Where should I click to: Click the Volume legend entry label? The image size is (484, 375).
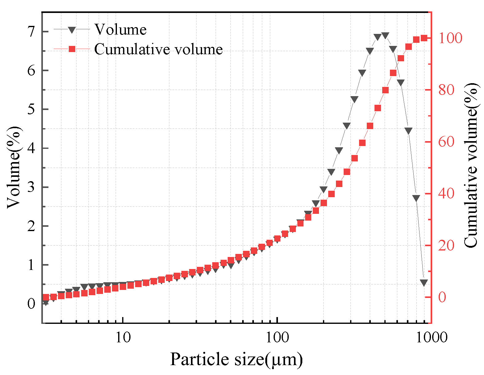pyautogui.click(x=120, y=30)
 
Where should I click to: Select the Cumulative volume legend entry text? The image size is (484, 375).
pyautogui.click(x=158, y=49)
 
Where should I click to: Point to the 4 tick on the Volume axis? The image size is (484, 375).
pyautogui.click(x=31, y=148)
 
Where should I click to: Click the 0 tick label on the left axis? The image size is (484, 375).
pyautogui.click(x=31, y=304)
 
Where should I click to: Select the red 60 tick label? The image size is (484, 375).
pyautogui.click(x=446, y=142)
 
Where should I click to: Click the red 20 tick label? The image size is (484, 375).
pyautogui.click(x=446, y=245)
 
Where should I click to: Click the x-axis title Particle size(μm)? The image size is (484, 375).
pyautogui.click(x=236, y=359)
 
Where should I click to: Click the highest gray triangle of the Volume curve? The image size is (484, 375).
pyautogui.click(x=385, y=36)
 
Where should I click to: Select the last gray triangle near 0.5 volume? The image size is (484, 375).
pyautogui.click(x=424, y=283)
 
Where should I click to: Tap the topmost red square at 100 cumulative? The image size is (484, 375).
pyautogui.click(x=424, y=38)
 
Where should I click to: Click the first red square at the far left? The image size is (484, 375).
pyautogui.click(x=46, y=297)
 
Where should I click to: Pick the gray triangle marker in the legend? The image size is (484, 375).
pyautogui.click(x=72, y=30)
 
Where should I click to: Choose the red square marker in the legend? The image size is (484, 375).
pyautogui.click(x=72, y=49)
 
